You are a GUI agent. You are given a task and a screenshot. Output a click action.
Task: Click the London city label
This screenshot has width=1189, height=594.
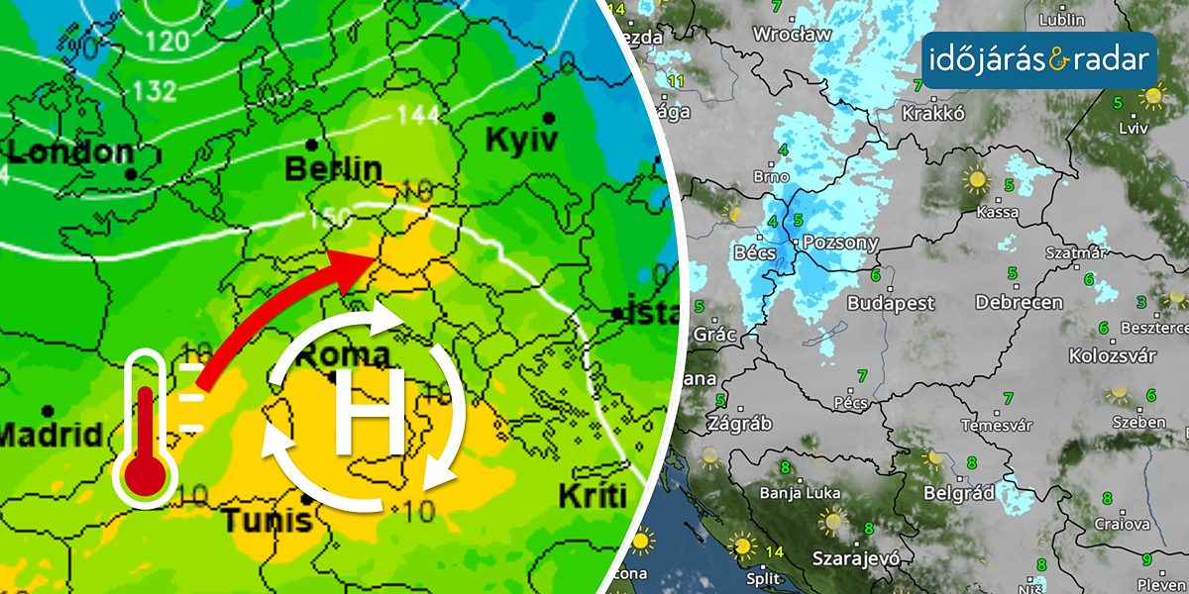pos(69,153)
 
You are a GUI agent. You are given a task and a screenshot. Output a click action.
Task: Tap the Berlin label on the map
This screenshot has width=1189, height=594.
pos(333,169)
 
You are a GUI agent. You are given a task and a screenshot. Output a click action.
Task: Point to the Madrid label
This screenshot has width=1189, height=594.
pos(51,435)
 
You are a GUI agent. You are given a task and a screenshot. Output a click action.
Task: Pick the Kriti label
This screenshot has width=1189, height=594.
pos(594,496)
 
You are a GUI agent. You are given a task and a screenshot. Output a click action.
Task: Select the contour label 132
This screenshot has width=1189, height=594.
pos(154,91)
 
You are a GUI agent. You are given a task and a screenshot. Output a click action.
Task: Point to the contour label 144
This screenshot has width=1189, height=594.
pos(418,115)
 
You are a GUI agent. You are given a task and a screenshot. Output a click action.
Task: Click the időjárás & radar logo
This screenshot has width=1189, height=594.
pos(1040,61)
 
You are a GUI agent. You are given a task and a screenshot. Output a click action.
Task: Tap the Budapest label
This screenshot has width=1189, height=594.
pos(891,303)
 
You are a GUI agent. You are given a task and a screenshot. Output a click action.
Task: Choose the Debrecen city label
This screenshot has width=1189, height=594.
pos(1019,302)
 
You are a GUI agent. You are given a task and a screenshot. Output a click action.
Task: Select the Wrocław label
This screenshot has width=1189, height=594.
pos(792,34)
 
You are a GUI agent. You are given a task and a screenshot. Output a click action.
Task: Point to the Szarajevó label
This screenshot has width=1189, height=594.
pos(858,558)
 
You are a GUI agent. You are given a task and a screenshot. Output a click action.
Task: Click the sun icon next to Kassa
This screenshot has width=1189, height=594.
pos(977,180)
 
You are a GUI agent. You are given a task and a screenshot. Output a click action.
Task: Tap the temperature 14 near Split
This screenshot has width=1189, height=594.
pos(773,551)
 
